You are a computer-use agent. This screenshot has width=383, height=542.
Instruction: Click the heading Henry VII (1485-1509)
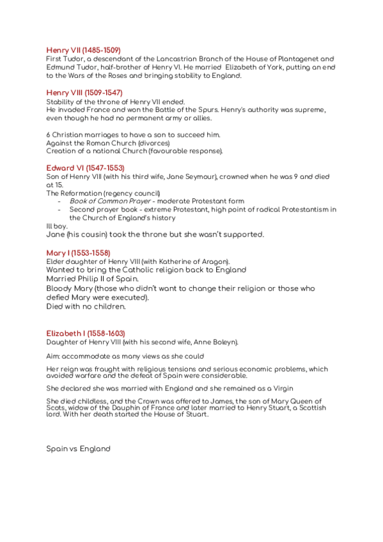pyautogui.click(x=83, y=50)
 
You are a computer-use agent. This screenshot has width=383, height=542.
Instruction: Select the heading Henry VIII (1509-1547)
pyautogui.click(x=84, y=93)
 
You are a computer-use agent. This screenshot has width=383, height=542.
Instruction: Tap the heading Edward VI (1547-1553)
pyautogui.click(x=85, y=168)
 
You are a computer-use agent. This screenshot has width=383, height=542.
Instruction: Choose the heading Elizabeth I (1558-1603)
pyautogui.click(x=86, y=334)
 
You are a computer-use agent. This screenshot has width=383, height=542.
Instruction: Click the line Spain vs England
pyautogui.click(x=78, y=449)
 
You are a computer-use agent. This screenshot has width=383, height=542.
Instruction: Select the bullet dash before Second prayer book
pyautogui.click(x=59, y=210)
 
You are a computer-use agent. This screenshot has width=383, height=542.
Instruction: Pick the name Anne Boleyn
pyautogui.click(x=212, y=343)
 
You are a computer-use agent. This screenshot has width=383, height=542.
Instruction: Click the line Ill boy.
pyautogui.click(x=57, y=226)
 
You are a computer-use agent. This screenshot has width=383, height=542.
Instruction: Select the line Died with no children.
pyautogui.click(x=86, y=307)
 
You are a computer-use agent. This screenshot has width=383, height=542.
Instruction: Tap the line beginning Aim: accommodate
pyautogui.click(x=125, y=356)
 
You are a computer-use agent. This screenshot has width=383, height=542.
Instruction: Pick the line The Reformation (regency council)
pyautogui.click(x=103, y=193)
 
